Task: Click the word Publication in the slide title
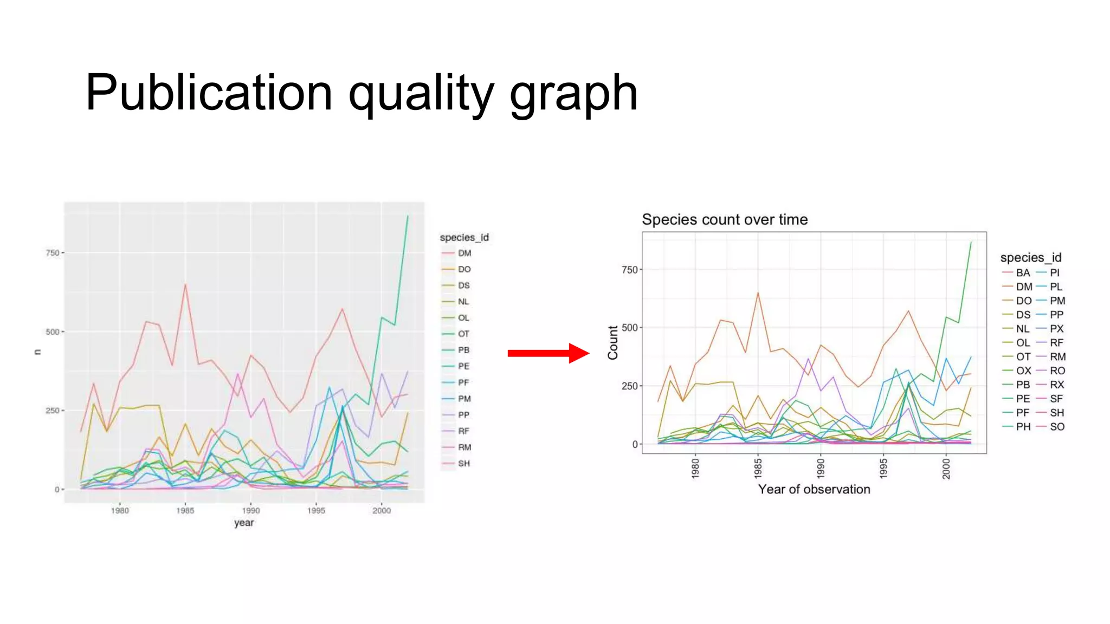(209, 93)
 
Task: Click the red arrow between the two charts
(547, 353)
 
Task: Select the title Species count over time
(725, 219)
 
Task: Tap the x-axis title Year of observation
(814, 489)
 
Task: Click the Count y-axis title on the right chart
(613, 342)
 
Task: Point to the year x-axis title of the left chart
(244, 523)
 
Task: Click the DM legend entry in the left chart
(464, 253)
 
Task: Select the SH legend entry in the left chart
(463, 464)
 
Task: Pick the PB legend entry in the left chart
(463, 350)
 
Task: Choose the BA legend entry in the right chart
(1022, 272)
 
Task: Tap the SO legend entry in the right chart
(1057, 427)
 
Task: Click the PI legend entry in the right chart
(1055, 272)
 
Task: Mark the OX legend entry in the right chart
(1023, 370)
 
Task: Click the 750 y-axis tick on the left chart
(53, 253)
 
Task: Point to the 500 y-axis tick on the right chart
(629, 328)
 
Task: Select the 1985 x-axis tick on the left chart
(185, 510)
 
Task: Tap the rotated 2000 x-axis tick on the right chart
(946, 468)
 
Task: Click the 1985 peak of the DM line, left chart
(185, 284)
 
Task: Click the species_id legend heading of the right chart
(1030, 257)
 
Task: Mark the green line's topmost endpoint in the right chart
(971, 242)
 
